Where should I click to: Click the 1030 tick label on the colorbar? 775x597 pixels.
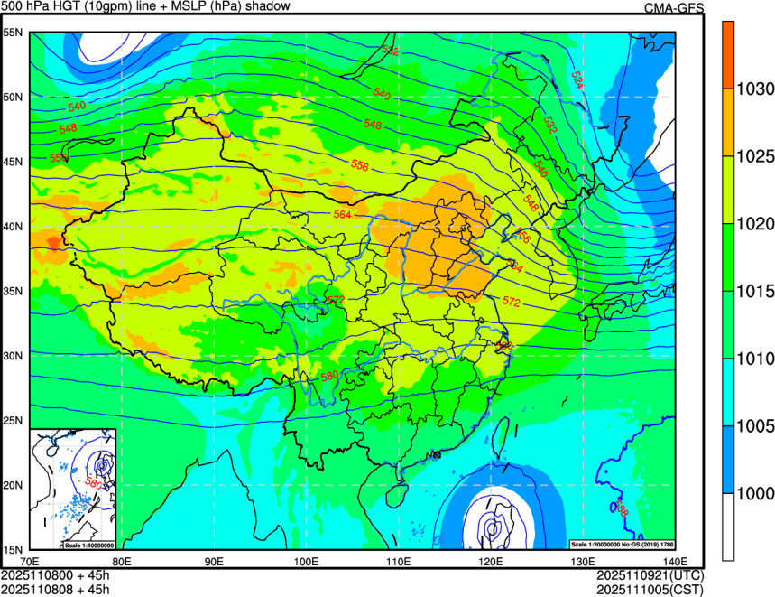(753, 89)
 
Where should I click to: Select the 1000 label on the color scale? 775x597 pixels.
(753, 493)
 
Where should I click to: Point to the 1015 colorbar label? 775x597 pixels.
(753, 291)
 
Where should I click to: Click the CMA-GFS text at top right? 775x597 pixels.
(673, 7)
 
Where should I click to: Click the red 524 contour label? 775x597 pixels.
(577, 80)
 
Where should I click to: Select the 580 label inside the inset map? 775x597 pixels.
(92, 484)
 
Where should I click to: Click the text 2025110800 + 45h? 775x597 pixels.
(55, 575)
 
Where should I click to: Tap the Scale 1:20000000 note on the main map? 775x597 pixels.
(623, 544)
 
